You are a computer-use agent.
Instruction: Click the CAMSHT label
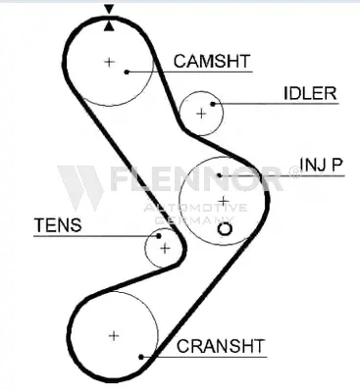point(212,61)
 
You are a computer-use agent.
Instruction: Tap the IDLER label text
point(310,93)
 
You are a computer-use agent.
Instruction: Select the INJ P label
point(321,165)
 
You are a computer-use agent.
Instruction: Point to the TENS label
point(58,224)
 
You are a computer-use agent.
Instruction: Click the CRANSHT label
point(221,346)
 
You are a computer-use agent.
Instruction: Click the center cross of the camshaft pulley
point(109,62)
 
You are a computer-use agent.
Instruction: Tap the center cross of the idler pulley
point(201,114)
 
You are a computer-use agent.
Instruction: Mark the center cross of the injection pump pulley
point(224,201)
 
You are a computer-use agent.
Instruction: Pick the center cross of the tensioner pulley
point(165,249)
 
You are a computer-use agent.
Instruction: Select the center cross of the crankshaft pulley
point(114,336)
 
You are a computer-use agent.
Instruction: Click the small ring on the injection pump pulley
point(225,229)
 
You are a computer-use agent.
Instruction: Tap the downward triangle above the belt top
point(109,9)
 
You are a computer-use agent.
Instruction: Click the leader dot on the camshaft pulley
point(127,72)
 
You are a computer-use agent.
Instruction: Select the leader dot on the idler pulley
point(213,104)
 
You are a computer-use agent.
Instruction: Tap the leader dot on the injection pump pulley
point(220,175)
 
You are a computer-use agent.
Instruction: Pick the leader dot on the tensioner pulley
point(159,236)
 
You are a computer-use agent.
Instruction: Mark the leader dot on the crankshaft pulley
point(141,357)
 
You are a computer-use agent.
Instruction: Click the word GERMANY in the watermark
point(194,220)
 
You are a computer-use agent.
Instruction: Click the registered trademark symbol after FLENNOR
point(294,172)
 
